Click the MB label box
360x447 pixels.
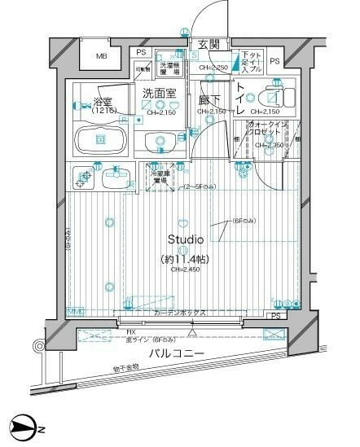102,57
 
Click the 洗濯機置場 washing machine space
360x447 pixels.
170,68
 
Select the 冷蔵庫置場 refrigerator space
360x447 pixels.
159,176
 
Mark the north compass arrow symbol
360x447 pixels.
26,427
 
